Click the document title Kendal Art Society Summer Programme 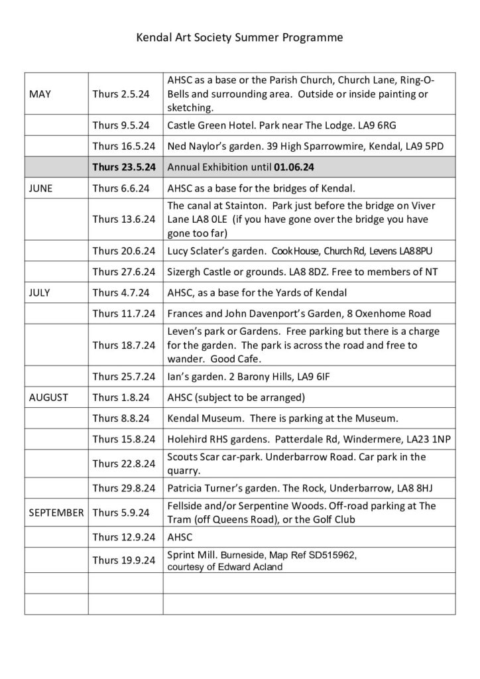239,38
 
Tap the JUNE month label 42,188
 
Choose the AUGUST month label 48,398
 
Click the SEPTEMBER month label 56,512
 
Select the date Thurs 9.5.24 121,125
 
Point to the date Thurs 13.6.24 124,219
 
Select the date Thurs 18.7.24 124,345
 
